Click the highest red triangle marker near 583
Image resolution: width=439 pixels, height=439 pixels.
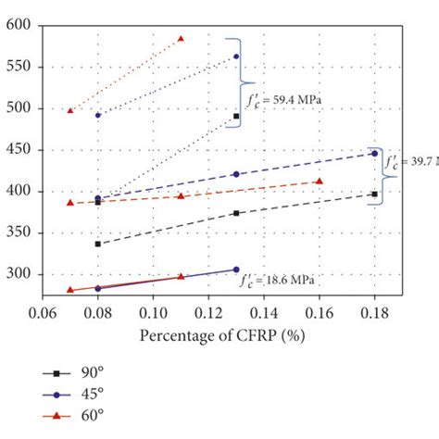tap(181, 39)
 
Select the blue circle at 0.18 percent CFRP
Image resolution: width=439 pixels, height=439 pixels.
tap(374, 154)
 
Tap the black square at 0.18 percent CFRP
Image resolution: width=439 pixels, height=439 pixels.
tap(374, 194)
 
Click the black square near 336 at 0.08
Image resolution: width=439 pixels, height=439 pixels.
tap(98, 244)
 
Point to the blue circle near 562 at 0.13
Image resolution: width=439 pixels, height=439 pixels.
tap(236, 56)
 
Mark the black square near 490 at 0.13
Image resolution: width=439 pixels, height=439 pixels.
tap(236, 116)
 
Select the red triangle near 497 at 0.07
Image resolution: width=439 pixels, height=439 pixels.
tap(70, 110)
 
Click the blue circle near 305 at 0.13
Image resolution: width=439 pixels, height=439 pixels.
tap(236, 270)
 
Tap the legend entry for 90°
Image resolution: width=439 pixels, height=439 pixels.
tap(74, 372)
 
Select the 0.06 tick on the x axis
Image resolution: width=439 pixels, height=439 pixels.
tap(43, 314)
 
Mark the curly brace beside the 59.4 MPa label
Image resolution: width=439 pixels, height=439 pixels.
tap(237, 82)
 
